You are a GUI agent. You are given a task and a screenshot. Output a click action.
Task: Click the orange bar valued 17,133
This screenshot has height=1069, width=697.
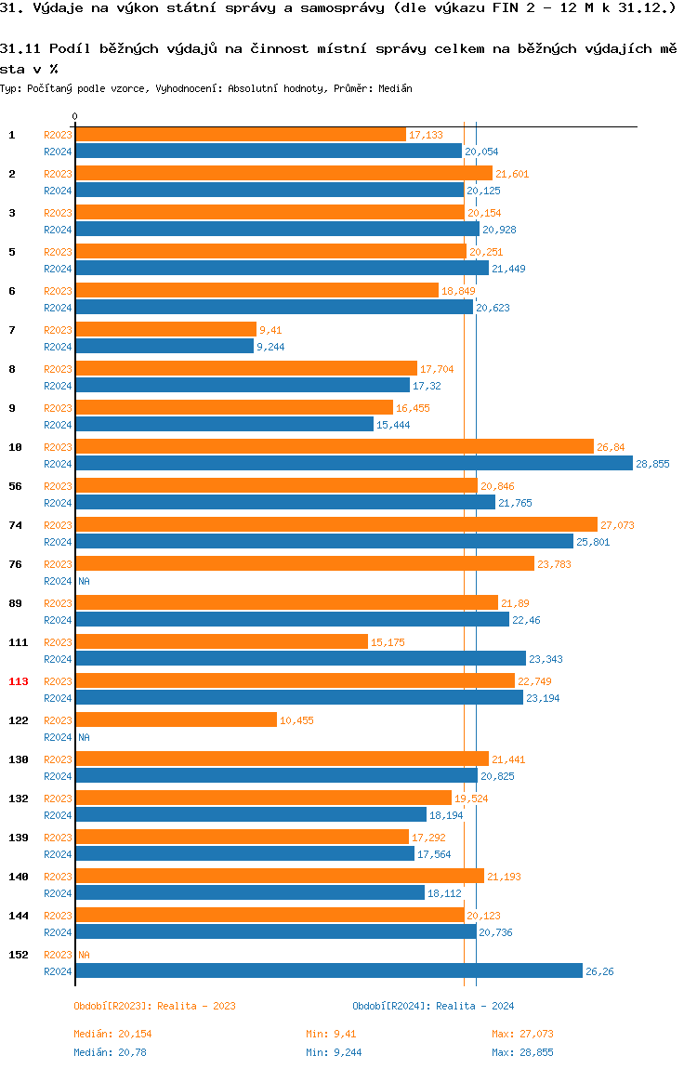coord(240,135)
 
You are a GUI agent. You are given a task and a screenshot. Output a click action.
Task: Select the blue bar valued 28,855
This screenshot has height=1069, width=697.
coord(353,464)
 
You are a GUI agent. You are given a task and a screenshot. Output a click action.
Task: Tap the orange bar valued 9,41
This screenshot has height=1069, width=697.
coord(165,330)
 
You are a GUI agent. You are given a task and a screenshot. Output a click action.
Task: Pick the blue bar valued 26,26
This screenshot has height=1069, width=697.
coord(328,971)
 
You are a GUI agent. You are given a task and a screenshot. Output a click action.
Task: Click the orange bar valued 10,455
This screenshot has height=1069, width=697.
coord(176,720)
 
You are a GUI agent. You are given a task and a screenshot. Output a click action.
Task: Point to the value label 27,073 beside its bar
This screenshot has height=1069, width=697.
coord(617,525)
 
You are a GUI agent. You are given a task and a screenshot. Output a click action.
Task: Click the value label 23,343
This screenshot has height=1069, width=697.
coord(546,659)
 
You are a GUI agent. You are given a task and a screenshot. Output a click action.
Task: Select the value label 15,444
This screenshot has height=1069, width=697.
coord(393,425)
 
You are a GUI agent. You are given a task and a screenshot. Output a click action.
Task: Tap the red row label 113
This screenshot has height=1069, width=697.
coord(19,681)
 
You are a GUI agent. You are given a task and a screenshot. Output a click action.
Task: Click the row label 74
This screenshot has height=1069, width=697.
coord(16,525)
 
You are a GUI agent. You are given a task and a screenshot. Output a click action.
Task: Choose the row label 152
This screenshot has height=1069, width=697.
coord(19,955)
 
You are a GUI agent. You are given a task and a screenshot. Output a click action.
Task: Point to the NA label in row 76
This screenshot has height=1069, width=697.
coord(84,581)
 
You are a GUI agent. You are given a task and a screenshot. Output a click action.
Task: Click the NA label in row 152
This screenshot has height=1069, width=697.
coord(84,955)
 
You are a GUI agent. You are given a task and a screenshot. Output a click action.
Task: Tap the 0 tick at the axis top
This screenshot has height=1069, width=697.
coord(75,117)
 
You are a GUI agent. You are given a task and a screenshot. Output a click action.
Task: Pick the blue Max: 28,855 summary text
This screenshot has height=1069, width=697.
coord(522,1052)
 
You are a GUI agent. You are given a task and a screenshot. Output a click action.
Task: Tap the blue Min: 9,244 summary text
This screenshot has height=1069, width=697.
coord(334,1052)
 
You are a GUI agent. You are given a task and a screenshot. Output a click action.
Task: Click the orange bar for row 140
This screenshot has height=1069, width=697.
coord(279,877)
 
